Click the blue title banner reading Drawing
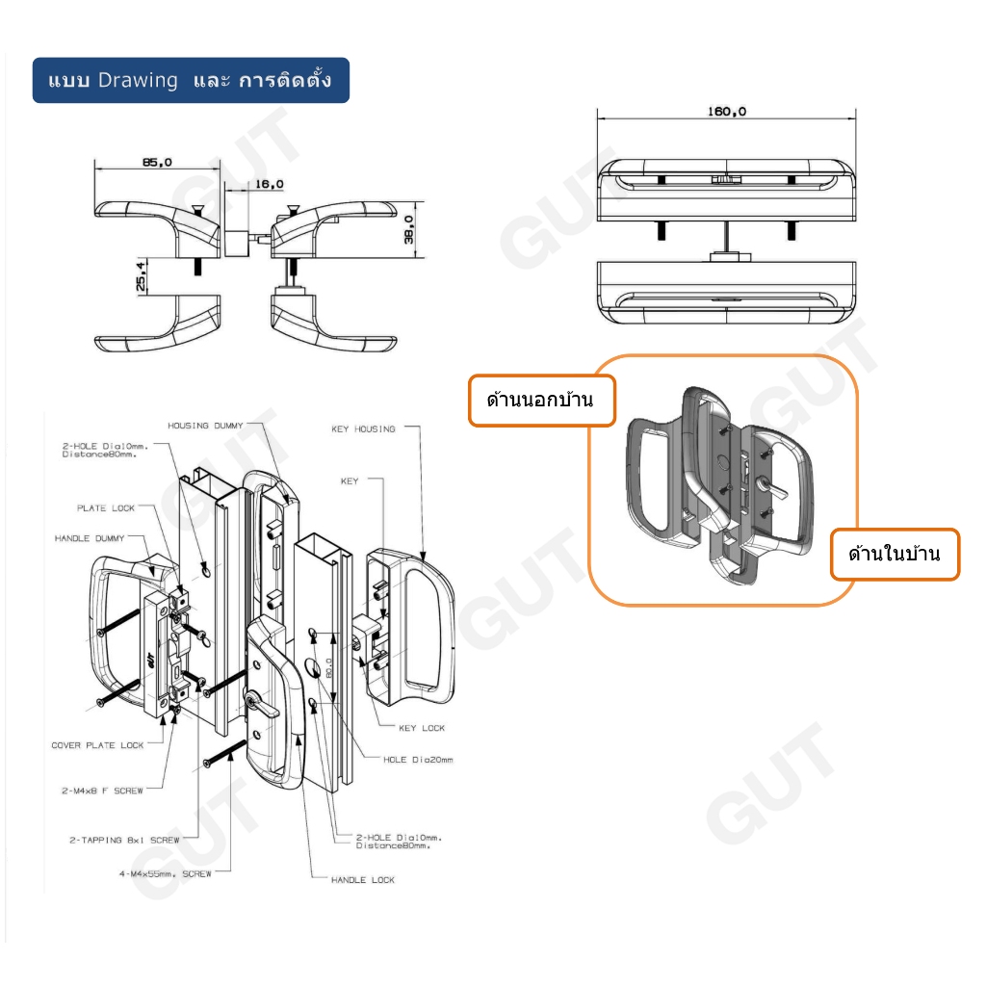click(191, 80)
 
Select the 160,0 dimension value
click(727, 111)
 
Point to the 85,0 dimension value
click(157, 163)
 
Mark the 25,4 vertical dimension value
click(141, 275)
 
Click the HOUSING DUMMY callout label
click(205, 425)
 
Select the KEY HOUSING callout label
click(362, 429)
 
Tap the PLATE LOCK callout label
click(106, 507)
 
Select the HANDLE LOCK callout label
click(362, 880)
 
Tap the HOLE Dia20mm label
click(418, 760)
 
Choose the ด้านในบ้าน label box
click(895, 555)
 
